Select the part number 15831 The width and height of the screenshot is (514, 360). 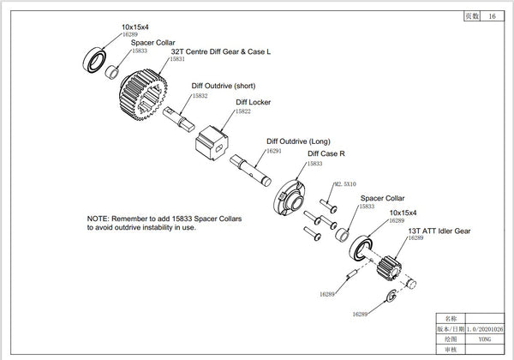point(177,60)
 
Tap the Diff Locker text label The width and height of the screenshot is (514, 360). point(253,102)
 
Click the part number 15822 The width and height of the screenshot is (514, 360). point(243,111)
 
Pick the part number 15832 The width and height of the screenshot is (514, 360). point(200,96)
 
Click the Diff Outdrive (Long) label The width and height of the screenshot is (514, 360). point(298,141)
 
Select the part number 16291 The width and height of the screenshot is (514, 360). point(274,150)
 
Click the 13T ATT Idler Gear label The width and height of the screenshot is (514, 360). point(439,230)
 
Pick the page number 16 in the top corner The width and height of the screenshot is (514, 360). point(491,16)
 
